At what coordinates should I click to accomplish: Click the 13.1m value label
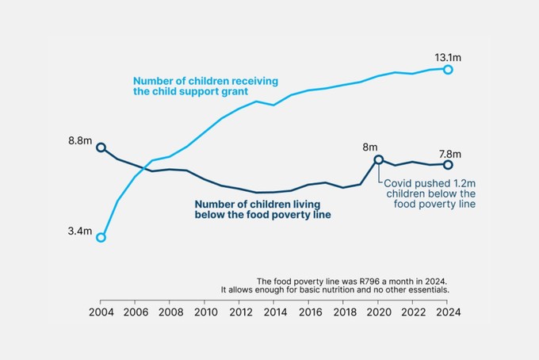click(x=448, y=57)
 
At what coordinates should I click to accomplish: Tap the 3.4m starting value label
click(x=81, y=232)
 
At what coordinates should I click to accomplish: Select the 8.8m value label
click(x=81, y=141)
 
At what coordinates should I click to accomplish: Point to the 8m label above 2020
click(x=370, y=147)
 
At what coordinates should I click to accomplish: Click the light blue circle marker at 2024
click(x=448, y=70)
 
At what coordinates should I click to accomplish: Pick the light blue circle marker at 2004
click(x=101, y=236)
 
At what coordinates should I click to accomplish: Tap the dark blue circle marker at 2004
click(x=101, y=147)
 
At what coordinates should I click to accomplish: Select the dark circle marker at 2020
click(x=378, y=159)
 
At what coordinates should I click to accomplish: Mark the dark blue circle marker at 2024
click(x=448, y=164)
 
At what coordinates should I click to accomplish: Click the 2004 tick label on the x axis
click(x=101, y=312)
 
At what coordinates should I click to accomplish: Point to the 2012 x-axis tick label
click(x=240, y=312)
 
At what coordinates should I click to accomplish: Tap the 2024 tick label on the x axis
click(x=448, y=312)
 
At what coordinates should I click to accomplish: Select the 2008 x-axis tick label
click(x=170, y=312)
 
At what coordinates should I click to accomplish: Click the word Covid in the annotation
click(x=398, y=183)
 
